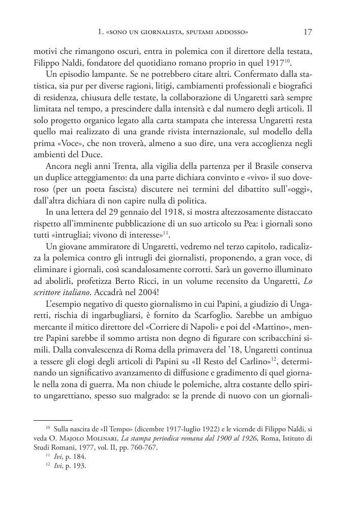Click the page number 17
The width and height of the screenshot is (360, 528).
(x=307, y=32)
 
